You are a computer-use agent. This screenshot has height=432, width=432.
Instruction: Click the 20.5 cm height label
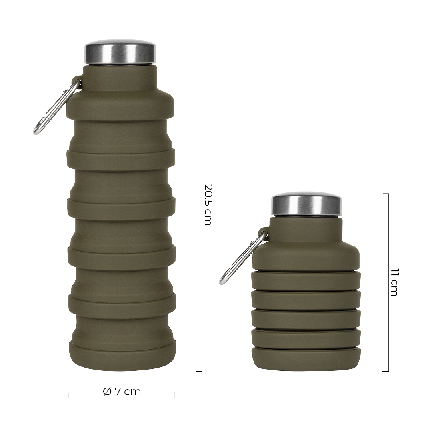point(207,204)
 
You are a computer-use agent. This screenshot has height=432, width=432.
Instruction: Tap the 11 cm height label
point(394,282)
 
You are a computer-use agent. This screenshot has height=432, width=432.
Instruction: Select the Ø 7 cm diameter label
point(122,391)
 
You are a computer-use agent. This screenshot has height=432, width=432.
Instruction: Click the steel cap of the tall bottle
point(120,52)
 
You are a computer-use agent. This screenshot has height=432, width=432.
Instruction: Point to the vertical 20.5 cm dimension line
point(202,205)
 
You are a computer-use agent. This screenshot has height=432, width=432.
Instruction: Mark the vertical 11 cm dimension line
point(388,282)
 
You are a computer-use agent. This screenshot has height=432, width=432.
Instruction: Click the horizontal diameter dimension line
point(122,398)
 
